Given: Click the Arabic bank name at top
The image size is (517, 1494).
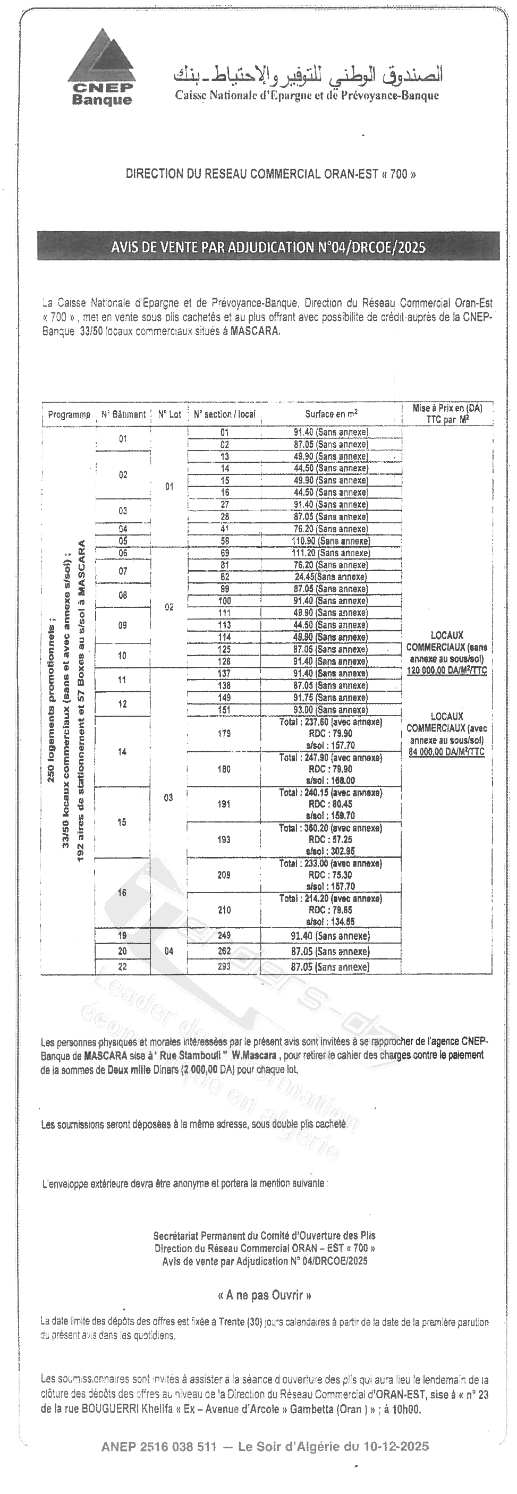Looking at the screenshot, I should [x=308, y=75].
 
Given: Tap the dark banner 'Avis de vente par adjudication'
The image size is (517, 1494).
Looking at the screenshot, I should [x=268, y=248].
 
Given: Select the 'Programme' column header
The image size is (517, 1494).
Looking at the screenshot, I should [x=69, y=415].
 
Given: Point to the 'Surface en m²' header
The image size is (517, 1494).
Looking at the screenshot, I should [x=332, y=414].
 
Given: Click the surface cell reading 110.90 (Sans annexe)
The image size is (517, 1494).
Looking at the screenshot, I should [x=330, y=541].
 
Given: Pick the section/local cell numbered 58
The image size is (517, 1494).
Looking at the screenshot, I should [x=225, y=541].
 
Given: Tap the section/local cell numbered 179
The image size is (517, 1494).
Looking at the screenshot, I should [x=224, y=734].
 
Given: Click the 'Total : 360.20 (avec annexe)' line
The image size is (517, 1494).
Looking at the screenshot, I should [x=330, y=828].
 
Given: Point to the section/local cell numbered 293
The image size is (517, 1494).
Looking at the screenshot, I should [x=224, y=967].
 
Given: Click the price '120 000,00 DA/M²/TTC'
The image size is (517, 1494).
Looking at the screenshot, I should [x=446, y=671].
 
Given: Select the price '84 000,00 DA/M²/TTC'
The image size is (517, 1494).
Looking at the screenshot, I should [x=446, y=752].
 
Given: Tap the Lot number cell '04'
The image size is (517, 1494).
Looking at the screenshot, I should [x=168, y=951].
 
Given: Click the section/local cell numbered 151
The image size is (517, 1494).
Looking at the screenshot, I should [x=224, y=710].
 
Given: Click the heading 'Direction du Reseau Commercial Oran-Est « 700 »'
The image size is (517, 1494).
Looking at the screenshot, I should [x=270, y=174].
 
